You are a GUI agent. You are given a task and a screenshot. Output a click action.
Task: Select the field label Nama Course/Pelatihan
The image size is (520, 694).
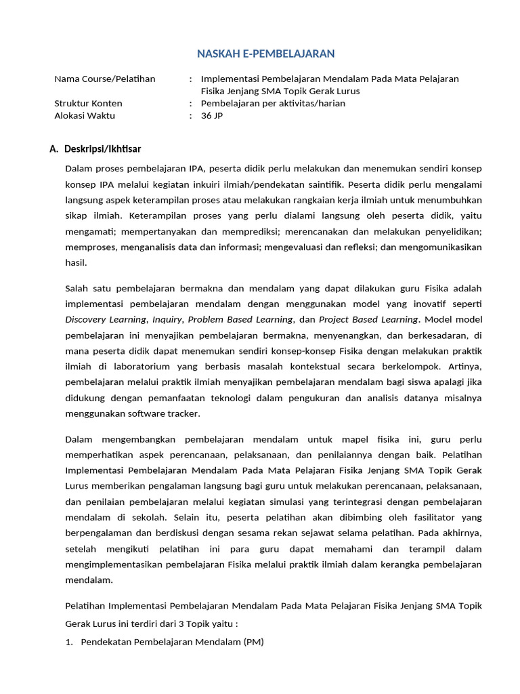tap(104, 79)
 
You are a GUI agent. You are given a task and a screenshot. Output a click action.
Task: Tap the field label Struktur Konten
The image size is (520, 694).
tap(88, 103)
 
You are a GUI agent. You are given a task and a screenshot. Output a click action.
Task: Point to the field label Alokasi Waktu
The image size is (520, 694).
tap(85, 115)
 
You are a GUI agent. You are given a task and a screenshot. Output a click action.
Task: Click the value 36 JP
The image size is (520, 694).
tap(212, 115)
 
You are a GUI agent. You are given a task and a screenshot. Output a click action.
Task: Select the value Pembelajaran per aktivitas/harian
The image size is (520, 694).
tap(273, 103)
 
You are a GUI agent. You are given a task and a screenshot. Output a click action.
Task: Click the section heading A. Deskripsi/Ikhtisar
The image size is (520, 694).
tap(95, 149)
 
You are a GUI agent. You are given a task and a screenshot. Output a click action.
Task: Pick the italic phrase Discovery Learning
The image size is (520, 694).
tap(105, 319)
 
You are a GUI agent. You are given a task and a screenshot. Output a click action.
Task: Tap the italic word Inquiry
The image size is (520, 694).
tap(167, 319)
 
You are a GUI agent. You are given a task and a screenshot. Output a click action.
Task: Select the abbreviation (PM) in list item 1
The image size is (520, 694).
tap(253, 642)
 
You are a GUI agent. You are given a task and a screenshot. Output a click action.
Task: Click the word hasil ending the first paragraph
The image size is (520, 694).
tap(76, 263)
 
